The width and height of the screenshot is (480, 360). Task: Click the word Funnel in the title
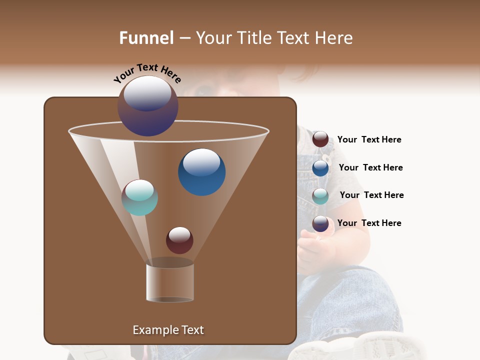click(146, 38)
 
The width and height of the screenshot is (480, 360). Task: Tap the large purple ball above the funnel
click(148, 106)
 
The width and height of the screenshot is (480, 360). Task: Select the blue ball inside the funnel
click(201, 172)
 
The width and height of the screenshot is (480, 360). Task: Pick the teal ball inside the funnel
click(139, 197)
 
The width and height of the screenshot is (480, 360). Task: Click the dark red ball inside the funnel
click(179, 240)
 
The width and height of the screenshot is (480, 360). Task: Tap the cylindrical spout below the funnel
click(170, 282)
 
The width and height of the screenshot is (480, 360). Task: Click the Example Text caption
click(168, 330)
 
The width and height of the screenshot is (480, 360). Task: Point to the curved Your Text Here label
click(147, 73)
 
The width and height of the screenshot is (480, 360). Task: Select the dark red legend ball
click(320, 139)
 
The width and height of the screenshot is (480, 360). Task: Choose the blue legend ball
click(320, 168)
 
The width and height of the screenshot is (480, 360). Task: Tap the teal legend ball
click(320, 196)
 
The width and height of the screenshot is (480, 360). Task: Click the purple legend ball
click(320, 223)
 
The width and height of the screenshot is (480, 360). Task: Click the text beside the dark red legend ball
click(369, 140)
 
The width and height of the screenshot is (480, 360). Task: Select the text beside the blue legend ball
click(370, 167)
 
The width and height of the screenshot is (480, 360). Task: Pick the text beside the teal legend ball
click(371, 195)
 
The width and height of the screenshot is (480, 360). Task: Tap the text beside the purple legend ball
click(369, 223)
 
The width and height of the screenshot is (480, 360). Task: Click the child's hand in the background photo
click(312, 245)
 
